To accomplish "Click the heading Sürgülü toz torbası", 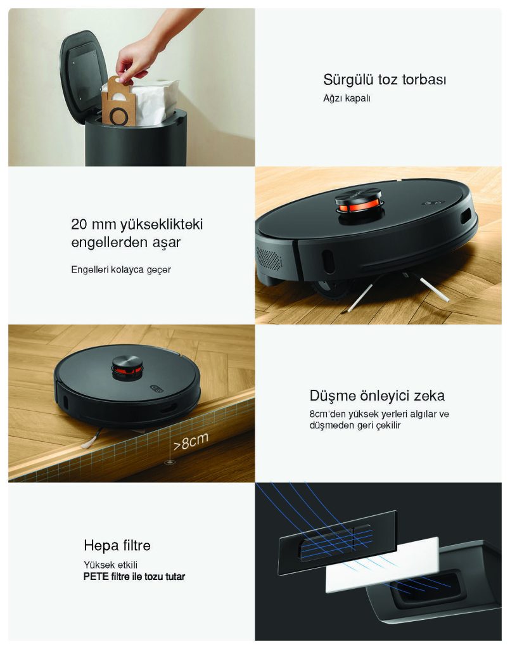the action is (x=385, y=79).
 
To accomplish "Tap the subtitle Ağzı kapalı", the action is (x=347, y=98).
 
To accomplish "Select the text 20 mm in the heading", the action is (x=94, y=224).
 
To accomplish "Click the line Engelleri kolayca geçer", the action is (x=121, y=270).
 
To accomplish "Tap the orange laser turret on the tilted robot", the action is (x=359, y=205).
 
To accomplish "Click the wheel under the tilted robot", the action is (x=331, y=289).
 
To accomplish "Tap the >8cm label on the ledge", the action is (x=190, y=442).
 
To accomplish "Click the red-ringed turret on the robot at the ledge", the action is (x=127, y=368).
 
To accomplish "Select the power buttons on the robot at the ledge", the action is (x=156, y=389).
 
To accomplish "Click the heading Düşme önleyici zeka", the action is (x=377, y=395).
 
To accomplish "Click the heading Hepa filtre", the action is (x=117, y=546).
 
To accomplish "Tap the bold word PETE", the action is (x=96, y=577).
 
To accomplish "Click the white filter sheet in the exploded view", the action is (x=383, y=565).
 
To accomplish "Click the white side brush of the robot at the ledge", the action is (x=92, y=440).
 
